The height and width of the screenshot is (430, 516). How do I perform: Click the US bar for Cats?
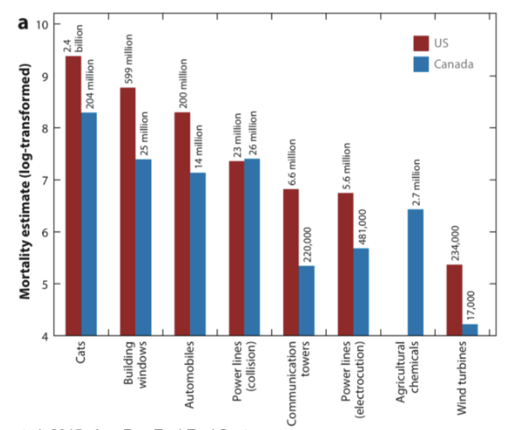coord(73,195)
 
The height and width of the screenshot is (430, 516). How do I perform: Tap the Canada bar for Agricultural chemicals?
coord(415,272)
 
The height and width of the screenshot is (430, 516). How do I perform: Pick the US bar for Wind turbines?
coord(454,299)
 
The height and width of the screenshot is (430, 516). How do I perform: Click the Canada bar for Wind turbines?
coord(470,329)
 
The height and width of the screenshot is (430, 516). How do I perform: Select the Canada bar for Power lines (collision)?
coord(252,246)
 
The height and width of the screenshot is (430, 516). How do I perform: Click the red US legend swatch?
coord(421,43)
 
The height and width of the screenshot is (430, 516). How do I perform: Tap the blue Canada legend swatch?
coord(421,64)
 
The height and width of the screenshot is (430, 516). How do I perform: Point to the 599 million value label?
coord(128,59)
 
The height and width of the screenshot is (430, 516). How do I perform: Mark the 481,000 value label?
coord(361,226)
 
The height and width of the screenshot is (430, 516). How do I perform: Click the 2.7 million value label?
coord(416,182)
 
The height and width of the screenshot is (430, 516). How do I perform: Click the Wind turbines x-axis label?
coord(463,372)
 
